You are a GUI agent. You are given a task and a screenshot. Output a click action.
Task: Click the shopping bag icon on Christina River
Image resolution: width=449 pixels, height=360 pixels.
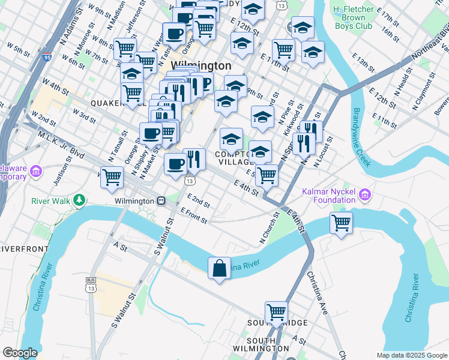pyautogui.click(x=220, y=268)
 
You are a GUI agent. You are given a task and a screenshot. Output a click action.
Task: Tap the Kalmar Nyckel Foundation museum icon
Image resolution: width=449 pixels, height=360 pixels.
pyautogui.click(x=364, y=194)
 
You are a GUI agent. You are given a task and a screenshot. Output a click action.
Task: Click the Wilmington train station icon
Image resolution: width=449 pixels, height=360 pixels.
pyautogui.click(x=161, y=201)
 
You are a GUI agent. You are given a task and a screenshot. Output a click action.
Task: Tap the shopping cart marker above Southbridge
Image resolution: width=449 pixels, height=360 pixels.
pyautogui.click(x=276, y=312)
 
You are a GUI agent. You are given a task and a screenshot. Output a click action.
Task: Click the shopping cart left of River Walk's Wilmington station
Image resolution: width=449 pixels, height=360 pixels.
pyautogui.click(x=112, y=177)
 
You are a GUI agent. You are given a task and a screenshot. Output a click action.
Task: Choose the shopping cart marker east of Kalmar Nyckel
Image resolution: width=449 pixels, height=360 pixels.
pyautogui.click(x=342, y=223)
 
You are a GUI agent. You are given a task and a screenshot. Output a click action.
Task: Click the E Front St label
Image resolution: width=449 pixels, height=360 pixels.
pyautogui.click(x=193, y=216)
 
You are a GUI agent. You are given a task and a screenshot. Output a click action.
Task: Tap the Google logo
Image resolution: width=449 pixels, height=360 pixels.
pyautogui.click(x=20, y=353)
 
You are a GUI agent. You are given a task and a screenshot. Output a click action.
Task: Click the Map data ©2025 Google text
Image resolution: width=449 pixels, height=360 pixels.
pyautogui.click(x=411, y=355)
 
